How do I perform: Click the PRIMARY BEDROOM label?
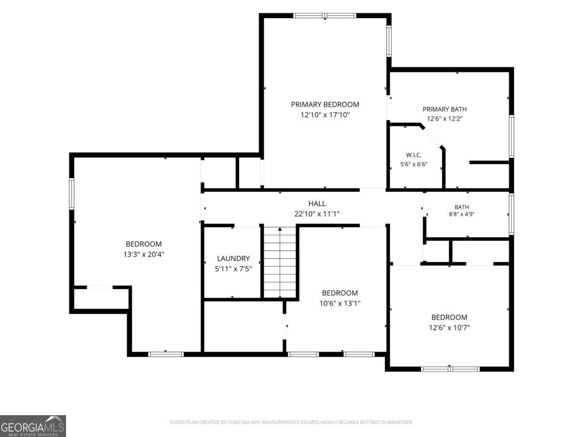(325, 104)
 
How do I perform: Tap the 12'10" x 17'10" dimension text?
(325, 115)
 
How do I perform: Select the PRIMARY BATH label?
(445, 109)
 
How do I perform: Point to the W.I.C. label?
(413, 155)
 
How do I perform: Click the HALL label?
(317, 203)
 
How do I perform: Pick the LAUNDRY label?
(233, 258)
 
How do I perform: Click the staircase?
(280, 262)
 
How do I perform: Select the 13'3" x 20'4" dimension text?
(144, 254)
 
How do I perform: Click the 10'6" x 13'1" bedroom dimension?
(340, 303)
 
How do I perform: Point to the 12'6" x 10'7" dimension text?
(449, 328)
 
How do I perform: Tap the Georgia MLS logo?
(33, 426)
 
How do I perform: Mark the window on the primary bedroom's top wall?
(325, 16)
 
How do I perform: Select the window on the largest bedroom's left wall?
(71, 194)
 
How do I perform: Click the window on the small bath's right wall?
(511, 214)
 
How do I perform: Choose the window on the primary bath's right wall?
(511, 136)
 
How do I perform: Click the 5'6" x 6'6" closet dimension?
(413, 164)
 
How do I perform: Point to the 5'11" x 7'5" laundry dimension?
(233, 269)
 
